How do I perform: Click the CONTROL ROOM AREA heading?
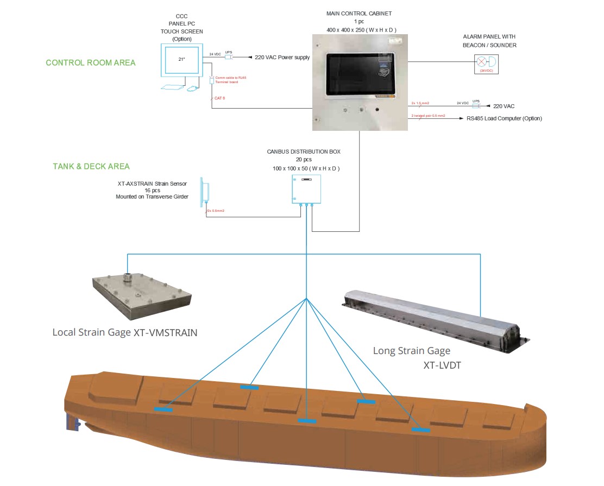coord(91,62)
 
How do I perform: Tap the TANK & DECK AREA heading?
coord(91,166)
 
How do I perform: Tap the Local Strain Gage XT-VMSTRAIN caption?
coord(124,332)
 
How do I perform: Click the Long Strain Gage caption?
coord(412,351)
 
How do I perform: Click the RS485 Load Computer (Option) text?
coord(504,118)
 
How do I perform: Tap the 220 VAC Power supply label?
coord(282,56)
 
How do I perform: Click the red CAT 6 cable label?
coord(221,98)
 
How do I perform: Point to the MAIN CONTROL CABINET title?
coord(358,13)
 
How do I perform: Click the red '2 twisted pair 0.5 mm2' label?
coord(429,116)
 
